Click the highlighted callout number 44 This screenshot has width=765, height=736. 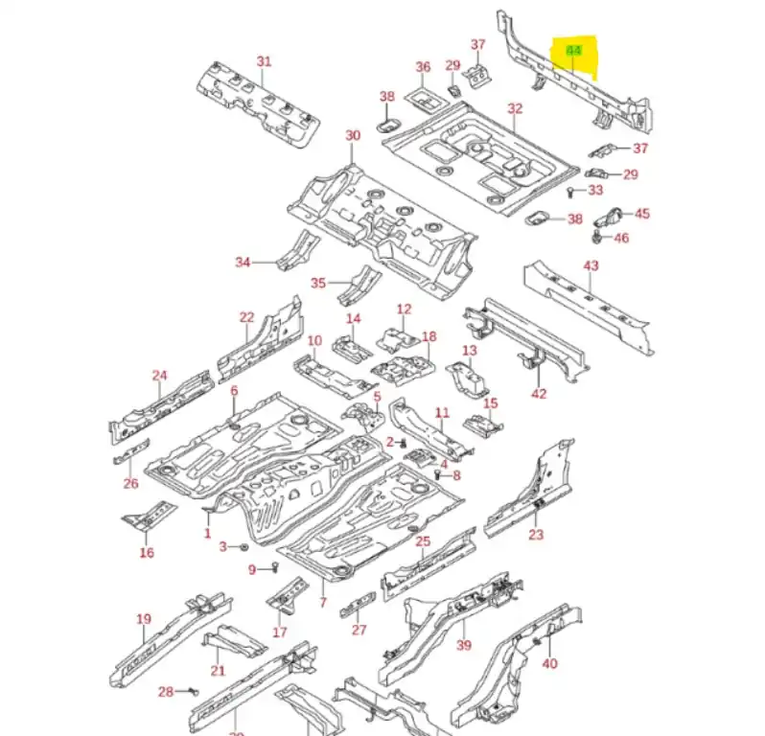(574, 50)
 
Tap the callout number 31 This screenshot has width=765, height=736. (264, 61)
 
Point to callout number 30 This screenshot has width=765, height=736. (353, 136)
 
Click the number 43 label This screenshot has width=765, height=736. (591, 265)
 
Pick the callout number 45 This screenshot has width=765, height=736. (641, 214)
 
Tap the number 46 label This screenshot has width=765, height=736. (621, 238)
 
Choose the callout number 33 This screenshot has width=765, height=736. (595, 191)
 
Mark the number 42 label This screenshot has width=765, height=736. (539, 393)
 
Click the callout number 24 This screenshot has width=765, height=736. (159, 376)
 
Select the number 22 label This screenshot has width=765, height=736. (246, 317)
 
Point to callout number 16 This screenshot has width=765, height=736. (147, 552)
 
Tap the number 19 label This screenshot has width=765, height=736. (144, 619)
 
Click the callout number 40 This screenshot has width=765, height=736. (549, 663)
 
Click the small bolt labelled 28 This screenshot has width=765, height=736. (193, 690)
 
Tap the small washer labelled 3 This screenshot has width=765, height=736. (243, 546)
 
